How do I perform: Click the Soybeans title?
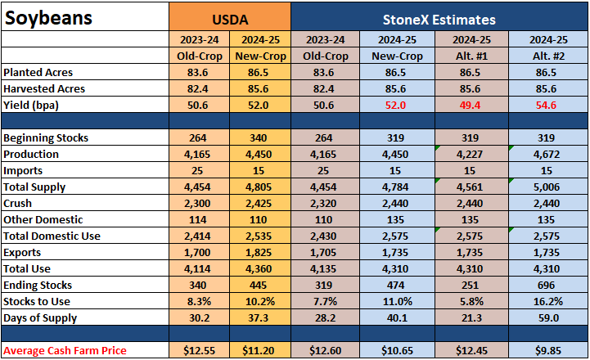pos(48,18)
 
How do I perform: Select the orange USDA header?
pos(230,20)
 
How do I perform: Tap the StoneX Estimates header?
pos(439,20)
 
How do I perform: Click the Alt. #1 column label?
pos(471,56)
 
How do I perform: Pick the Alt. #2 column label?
pos(548,56)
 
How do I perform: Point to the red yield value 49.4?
pos(470,105)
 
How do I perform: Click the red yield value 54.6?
pos(546,105)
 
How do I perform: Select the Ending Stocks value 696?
pos(546,286)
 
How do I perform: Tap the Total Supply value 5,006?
pos(547,187)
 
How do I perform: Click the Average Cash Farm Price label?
pos(65,351)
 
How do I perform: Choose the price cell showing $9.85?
pos(548,351)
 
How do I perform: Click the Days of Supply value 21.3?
pos(471,318)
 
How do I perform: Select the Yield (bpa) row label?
pos(31,105)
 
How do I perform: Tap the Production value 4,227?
pos(470,155)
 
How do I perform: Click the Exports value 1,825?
pos(258,253)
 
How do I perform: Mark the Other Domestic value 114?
pos(197,220)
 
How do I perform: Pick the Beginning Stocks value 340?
pos(258,137)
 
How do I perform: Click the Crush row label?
pos(17,203)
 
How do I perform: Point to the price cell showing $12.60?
pos(325,351)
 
